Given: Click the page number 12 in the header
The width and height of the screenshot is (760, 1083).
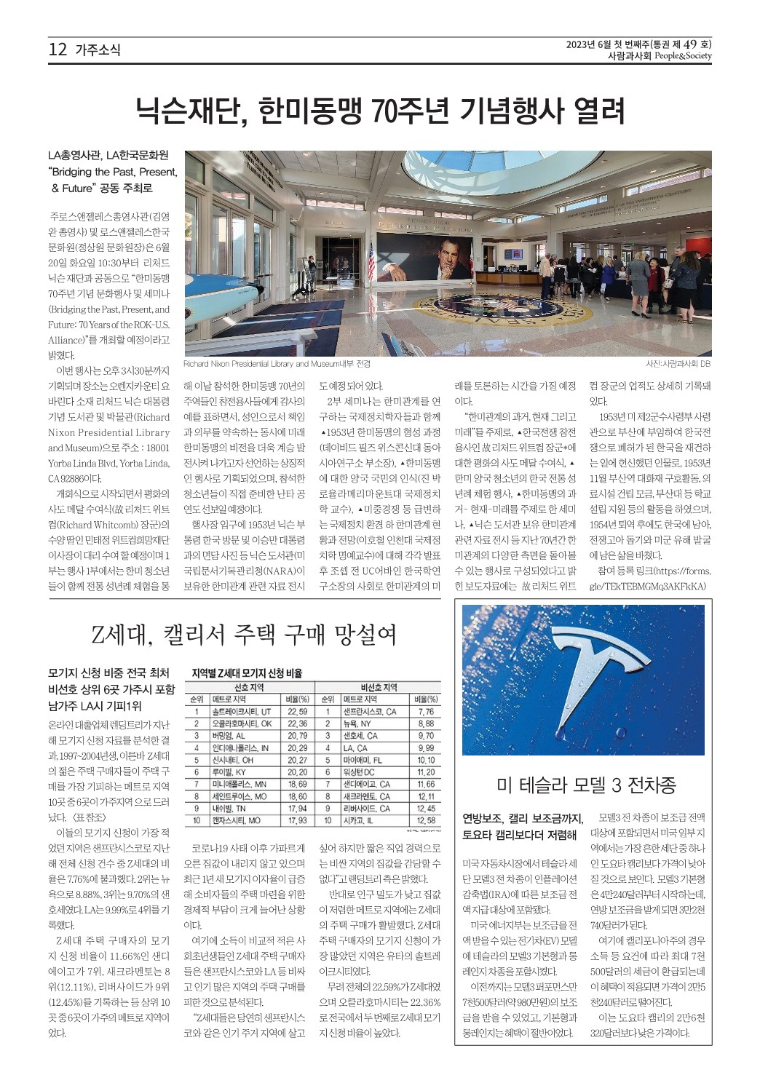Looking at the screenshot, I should (x=58, y=49).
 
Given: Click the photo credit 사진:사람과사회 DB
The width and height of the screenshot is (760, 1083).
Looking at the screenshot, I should (x=678, y=364).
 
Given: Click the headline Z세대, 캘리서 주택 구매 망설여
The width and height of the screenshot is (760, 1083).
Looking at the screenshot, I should (x=244, y=635).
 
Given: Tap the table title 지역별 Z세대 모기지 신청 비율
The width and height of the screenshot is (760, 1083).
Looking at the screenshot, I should (x=246, y=673).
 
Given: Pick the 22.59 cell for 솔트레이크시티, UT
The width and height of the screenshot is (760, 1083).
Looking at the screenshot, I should (x=297, y=712).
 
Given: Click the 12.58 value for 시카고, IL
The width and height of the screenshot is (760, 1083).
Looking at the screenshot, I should (x=426, y=820).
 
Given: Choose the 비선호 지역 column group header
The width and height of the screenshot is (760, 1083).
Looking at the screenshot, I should (x=379, y=687).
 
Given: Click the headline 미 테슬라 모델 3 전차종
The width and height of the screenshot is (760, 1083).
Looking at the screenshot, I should (x=586, y=785).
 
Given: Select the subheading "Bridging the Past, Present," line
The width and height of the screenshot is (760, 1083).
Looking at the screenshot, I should (x=113, y=172).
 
